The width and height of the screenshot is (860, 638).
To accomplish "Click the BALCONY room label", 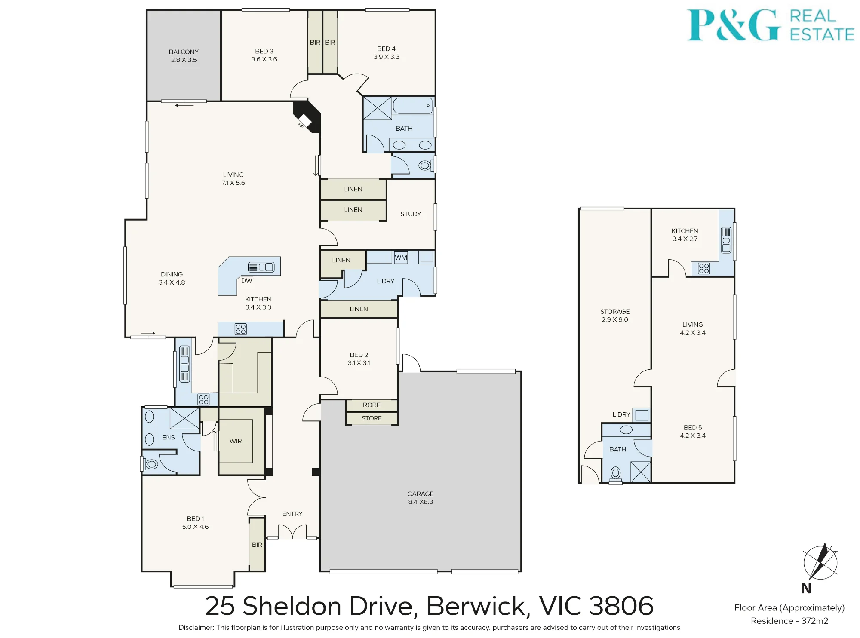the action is click(x=184, y=52).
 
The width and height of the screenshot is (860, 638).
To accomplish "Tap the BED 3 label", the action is click(x=264, y=51).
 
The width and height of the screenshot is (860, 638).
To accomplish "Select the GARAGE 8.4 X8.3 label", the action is click(x=421, y=498).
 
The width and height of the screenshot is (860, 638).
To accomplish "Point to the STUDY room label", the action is click(x=411, y=214).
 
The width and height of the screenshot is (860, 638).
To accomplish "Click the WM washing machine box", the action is click(x=401, y=258).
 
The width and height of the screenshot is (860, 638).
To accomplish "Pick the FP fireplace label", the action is click(x=301, y=125).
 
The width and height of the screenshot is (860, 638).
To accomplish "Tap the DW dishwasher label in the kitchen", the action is click(x=247, y=281).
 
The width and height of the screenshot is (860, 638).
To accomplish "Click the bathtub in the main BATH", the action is click(x=412, y=106).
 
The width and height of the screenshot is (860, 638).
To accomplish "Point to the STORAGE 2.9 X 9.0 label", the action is click(x=615, y=316).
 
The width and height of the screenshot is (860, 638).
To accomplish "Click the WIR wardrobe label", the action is click(x=236, y=441).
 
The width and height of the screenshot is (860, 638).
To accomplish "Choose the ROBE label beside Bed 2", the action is click(x=372, y=405).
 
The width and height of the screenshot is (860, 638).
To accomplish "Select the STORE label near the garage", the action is click(x=372, y=418).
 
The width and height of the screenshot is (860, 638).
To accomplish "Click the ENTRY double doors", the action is click(x=292, y=531).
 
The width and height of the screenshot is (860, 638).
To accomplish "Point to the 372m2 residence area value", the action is click(x=815, y=621).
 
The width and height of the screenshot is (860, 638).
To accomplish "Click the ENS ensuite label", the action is click(x=169, y=438).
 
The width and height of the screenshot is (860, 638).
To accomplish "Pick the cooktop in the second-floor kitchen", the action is click(x=704, y=269).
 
